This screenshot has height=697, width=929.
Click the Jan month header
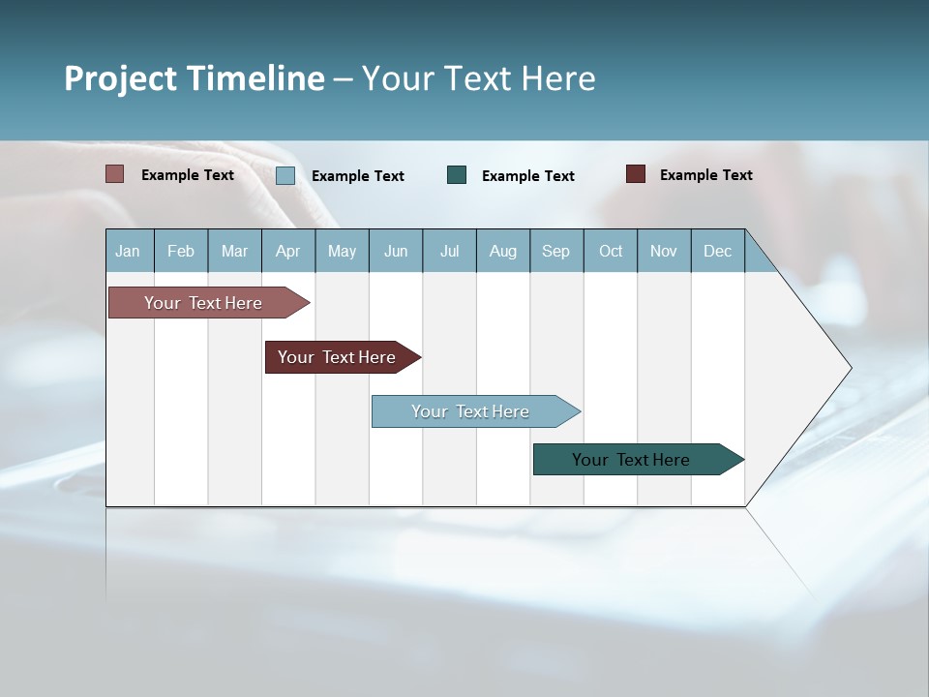click(129, 251)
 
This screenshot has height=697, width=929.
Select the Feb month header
click(181, 251)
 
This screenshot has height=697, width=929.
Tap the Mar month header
click(234, 251)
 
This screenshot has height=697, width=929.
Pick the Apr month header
click(288, 251)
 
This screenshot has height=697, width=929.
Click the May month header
click(342, 251)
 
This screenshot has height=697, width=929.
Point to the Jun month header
click(396, 251)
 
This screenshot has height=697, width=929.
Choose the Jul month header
click(449, 251)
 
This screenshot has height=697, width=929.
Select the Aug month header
click(503, 251)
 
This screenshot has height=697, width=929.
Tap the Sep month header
click(556, 251)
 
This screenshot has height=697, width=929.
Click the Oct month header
click(611, 251)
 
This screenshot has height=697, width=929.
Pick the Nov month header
click(664, 251)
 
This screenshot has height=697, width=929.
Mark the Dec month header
click(718, 251)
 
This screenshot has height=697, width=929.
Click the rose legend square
click(115, 174)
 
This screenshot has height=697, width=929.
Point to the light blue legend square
click(285, 175)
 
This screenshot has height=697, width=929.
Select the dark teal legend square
click(457, 174)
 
